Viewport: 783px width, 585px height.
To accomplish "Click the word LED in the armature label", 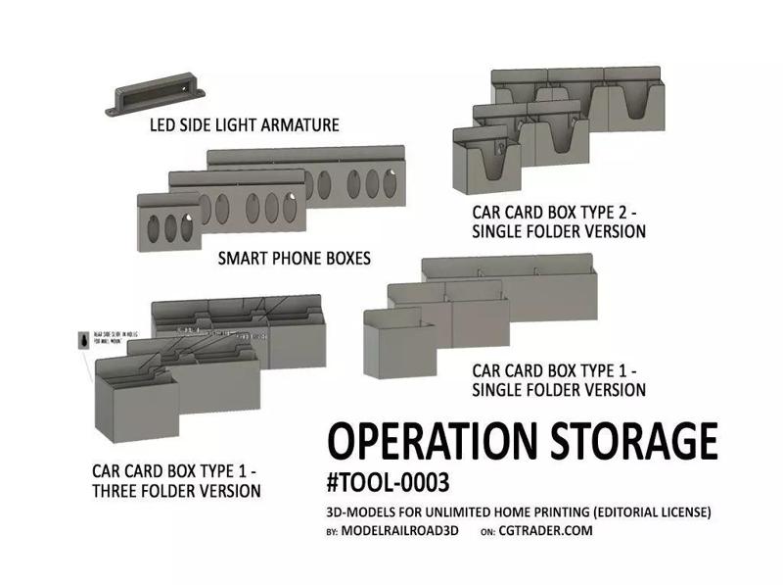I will coord(166,125).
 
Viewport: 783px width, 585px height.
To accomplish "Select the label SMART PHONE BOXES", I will coord(294,260).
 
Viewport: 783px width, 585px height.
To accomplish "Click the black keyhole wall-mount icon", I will coord(83,340).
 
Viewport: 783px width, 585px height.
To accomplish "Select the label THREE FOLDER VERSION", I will coord(176,490).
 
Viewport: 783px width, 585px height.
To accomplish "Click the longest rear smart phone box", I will coord(352,176).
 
